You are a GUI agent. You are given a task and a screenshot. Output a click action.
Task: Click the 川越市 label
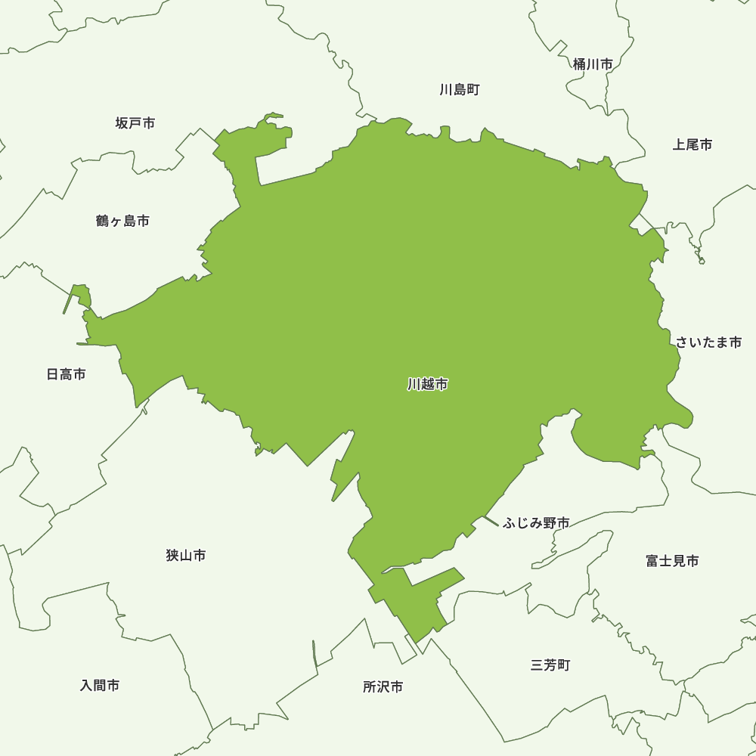click(x=428, y=385)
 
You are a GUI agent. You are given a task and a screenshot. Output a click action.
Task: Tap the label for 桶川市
click(x=593, y=64)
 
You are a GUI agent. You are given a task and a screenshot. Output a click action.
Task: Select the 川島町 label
click(x=460, y=90)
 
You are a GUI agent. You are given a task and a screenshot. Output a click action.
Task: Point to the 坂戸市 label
click(x=135, y=122)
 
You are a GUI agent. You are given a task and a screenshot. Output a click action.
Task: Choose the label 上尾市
click(x=692, y=144)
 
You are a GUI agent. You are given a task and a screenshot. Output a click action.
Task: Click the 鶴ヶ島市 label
click(x=123, y=221)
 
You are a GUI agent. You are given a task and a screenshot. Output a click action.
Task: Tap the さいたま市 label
click(x=709, y=342)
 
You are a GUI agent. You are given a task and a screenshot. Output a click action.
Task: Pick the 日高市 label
click(x=67, y=374)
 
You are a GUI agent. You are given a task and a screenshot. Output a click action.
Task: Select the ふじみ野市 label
click(x=536, y=523)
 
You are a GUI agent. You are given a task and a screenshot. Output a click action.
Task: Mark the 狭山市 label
click(x=186, y=556)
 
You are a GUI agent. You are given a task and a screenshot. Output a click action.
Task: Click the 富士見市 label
click(x=672, y=561)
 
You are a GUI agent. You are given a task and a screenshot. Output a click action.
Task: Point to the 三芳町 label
click(x=550, y=665)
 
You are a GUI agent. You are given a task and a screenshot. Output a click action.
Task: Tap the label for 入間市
click(x=100, y=686)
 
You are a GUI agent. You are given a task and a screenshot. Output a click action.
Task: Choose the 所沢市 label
click(x=383, y=687)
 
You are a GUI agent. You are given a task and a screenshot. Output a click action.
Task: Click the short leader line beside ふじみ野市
click(x=491, y=521)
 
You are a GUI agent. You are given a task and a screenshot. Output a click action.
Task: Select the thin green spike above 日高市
click(x=70, y=299)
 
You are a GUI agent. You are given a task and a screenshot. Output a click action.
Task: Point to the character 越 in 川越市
click(x=428, y=385)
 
